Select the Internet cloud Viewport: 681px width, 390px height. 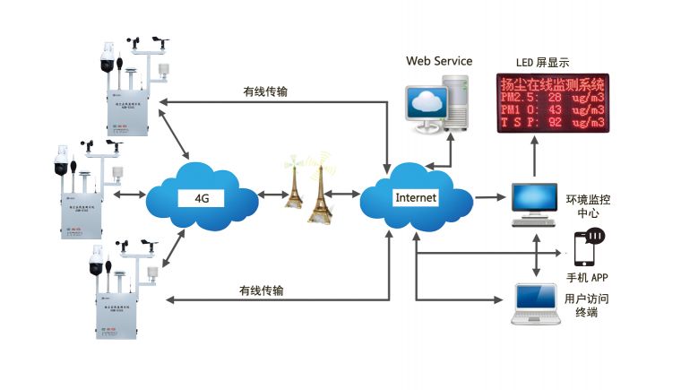(415, 196)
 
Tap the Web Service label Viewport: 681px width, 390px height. (439, 61)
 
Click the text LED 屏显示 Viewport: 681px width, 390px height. (543, 63)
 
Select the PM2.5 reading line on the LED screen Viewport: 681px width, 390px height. (552, 97)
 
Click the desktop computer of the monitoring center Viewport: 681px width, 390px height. (535, 202)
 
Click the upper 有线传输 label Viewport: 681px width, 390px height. (265, 91)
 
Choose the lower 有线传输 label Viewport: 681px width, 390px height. (261, 290)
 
